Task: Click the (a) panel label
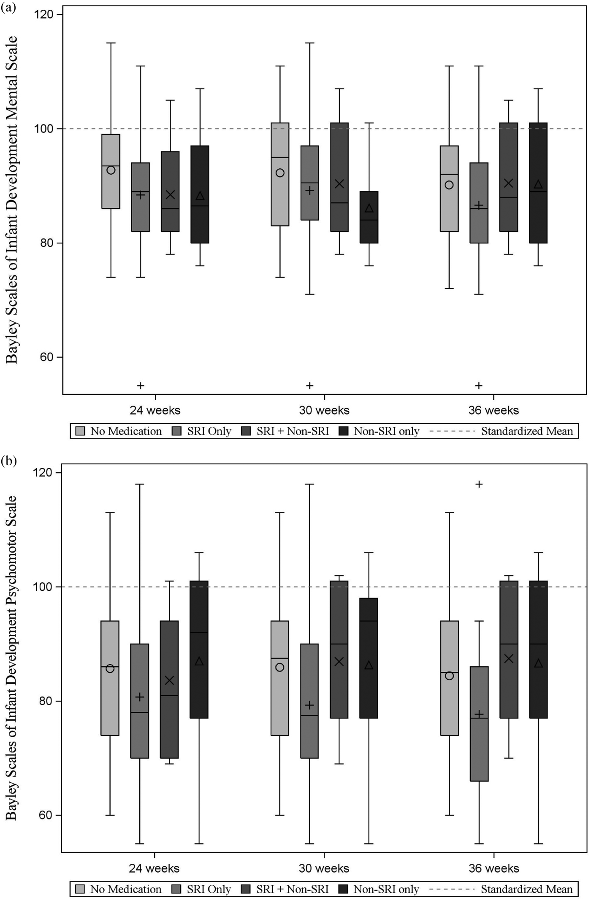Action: [8, 7]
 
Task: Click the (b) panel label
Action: [8, 461]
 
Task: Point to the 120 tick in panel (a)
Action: [43, 15]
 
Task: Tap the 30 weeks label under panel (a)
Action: [324, 410]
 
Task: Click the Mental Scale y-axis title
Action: [12, 200]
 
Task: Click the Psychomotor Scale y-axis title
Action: [12, 658]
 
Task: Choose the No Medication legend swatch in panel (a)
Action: [80, 431]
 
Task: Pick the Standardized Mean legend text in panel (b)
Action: [526, 889]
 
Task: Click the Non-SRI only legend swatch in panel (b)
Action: [343, 889]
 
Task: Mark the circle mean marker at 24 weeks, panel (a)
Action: [111, 170]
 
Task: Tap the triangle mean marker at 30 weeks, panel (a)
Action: [369, 208]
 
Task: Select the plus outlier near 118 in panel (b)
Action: [479, 484]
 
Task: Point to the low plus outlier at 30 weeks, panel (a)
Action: [310, 385]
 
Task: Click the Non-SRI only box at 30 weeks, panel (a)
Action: [369, 228]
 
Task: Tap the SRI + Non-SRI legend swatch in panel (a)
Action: [246, 431]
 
